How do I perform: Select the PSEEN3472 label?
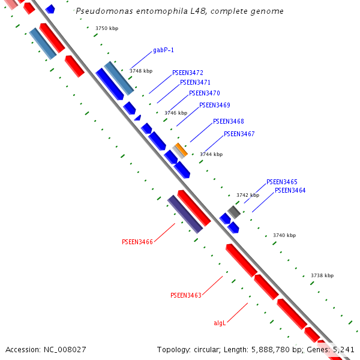click(187, 73)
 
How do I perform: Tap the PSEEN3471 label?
click(195, 82)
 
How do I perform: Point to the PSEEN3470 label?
click(204, 93)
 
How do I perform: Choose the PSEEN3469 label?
click(214, 105)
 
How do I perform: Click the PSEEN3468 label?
click(228, 121)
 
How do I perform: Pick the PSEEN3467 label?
click(239, 134)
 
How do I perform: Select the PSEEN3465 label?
click(281, 182)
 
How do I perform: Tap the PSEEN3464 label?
click(290, 190)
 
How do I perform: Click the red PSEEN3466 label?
click(137, 242)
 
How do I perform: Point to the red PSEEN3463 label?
click(185, 295)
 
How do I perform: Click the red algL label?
click(220, 323)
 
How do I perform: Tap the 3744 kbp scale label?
click(211, 154)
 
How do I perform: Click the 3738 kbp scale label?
click(322, 275)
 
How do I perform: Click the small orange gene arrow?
click(181, 149)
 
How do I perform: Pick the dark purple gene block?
click(185, 214)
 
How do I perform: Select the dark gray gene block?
click(234, 211)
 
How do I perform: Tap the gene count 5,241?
click(343, 349)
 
